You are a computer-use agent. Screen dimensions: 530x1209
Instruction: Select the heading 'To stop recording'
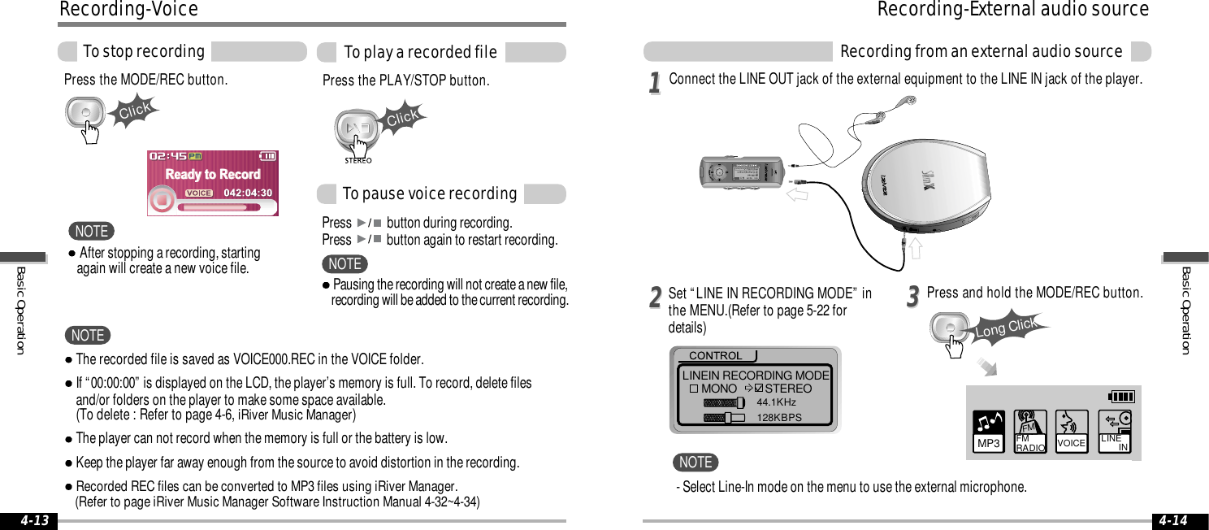pyautogui.click(x=144, y=52)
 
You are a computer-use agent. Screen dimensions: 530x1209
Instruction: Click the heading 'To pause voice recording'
pyautogui.click(x=429, y=194)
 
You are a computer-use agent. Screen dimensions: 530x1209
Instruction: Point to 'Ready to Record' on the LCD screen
pyautogui.click(x=213, y=174)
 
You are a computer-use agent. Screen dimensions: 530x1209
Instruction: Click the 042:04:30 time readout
pyautogui.click(x=247, y=193)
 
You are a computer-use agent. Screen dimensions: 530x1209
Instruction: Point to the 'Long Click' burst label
pyautogui.click(x=1007, y=327)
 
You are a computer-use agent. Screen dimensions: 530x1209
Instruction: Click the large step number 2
pyautogui.click(x=654, y=299)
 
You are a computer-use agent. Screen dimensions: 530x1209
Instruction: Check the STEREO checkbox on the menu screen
pyautogui.click(x=758, y=389)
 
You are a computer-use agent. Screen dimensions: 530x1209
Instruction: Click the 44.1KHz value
pyautogui.click(x=776, y=402)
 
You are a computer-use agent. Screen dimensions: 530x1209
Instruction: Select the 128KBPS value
pyautogui.click(x=778, y=418)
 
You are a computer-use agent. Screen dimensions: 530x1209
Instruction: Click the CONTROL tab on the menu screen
pyautogui.click(x=715, y=356)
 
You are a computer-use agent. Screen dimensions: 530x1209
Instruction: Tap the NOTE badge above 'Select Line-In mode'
pyautogui.click(x=695, y=463)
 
